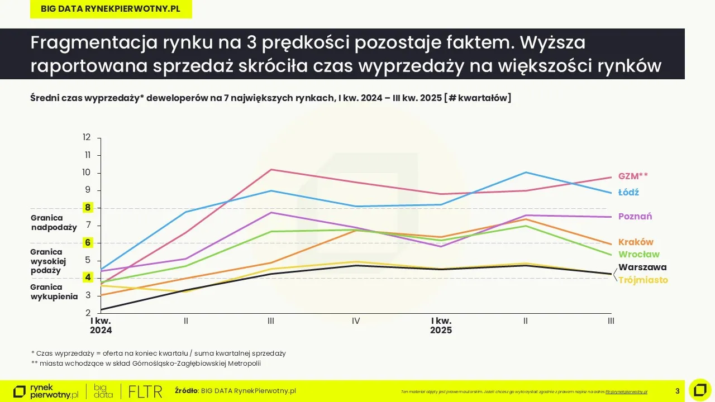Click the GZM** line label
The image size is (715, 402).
point(633,176)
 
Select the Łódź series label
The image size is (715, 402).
point(628,192)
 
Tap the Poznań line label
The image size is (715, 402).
point(635,217)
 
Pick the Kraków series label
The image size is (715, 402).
point(636,242)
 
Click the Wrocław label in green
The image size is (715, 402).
point(638,255)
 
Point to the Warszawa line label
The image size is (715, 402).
point(642,267)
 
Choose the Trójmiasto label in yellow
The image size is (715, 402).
point(643,280)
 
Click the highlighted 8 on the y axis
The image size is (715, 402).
point(87,208)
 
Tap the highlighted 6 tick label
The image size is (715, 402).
point(87,243)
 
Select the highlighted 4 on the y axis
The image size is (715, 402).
point(87,277)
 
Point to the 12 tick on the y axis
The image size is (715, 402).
point(87,137)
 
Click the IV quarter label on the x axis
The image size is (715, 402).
point(356,321)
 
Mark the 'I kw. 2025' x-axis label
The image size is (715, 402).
point(441,326)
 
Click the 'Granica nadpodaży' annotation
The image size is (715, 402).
point(54,223)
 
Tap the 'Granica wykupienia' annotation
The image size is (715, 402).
point(54,292)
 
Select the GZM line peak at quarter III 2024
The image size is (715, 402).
point(271,169)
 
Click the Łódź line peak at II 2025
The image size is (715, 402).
point(526,172)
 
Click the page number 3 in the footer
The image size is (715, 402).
point(678,391)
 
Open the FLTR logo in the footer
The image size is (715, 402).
point(145,391)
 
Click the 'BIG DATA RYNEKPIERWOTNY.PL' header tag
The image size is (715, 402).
point(111,9)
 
